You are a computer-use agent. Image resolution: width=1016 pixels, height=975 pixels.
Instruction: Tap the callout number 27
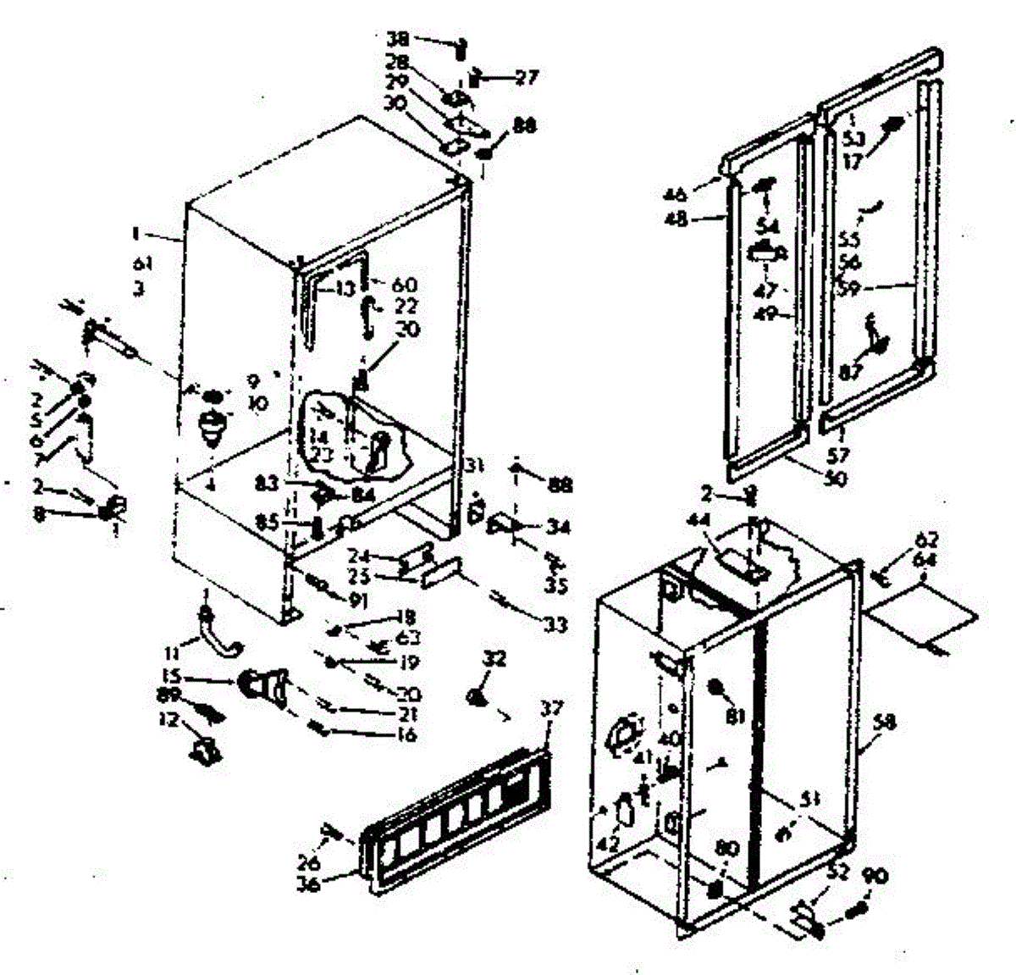[526, 78]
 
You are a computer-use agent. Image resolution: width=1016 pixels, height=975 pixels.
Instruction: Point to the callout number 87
[849, 370]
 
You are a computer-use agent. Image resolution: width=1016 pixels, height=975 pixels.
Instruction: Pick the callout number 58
[886, 723]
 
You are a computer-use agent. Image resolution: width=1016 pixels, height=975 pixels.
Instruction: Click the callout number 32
[494, 657]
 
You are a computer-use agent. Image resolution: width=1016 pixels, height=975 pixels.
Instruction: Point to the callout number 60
[405, 285]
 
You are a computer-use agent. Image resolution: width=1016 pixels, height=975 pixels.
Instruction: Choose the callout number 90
[875, 876]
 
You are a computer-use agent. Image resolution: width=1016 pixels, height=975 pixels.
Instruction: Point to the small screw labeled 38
[461, 47]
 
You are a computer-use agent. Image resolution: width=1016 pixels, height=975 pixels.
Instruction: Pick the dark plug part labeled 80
[716, 889]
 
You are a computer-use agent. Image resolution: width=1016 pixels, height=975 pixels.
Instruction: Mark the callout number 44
[697, 540]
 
